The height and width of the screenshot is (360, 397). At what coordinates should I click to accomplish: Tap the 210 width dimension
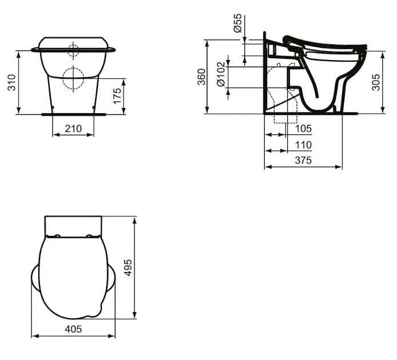click(x=73, y=129)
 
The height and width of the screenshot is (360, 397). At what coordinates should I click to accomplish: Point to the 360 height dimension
click(x=201, y=77)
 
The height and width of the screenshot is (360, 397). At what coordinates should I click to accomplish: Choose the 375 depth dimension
click(x=303, y=161)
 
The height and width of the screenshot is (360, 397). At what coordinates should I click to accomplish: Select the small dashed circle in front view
click(x=73, y=49)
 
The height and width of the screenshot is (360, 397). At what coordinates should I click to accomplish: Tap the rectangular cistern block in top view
click(x=73, y=225)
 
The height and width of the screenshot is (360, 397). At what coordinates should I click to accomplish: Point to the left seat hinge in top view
click(x=58, y=236)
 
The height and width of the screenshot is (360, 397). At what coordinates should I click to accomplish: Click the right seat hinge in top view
click(x=89, y=236)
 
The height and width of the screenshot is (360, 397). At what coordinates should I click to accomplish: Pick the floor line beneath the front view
click(x=73, y=114)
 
